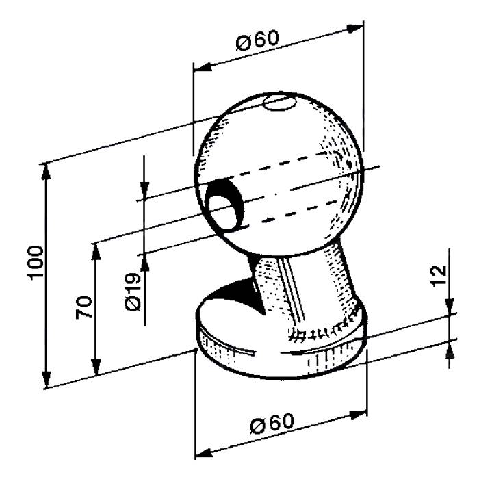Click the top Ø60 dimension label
click(x=259, y=41)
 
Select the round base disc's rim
click(x=274, y=359)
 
